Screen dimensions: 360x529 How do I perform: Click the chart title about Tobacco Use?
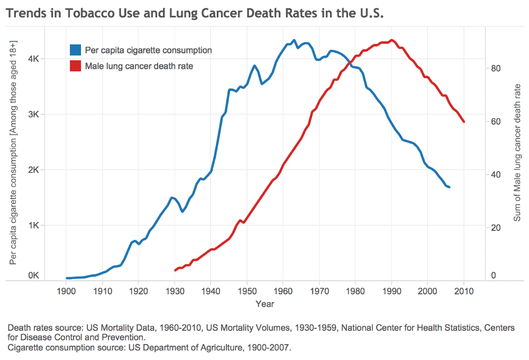click(194, 13)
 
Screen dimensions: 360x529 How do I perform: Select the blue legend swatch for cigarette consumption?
click(76, 50)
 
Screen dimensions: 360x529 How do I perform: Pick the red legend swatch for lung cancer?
click(76, 66)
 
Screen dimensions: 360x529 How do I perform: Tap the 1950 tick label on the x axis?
click(247, 291)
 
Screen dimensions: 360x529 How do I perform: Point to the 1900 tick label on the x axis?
click(66, 291)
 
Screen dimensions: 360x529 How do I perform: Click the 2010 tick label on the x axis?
click(464, 291)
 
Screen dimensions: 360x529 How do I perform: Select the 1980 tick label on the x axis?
click(355, 291)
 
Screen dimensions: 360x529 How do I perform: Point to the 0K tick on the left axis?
click(33, 275)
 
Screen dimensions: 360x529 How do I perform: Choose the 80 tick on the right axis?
click(496, 68)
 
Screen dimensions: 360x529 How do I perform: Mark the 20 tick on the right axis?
click(496, 228)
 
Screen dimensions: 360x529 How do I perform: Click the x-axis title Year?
click(264, 304)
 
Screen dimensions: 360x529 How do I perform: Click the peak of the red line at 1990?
click(391, 40)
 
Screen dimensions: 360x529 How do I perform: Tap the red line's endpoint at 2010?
click(464, 122)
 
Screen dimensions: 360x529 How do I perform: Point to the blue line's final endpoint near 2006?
click(449, 187)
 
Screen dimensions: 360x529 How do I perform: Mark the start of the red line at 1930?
click(175, 271)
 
